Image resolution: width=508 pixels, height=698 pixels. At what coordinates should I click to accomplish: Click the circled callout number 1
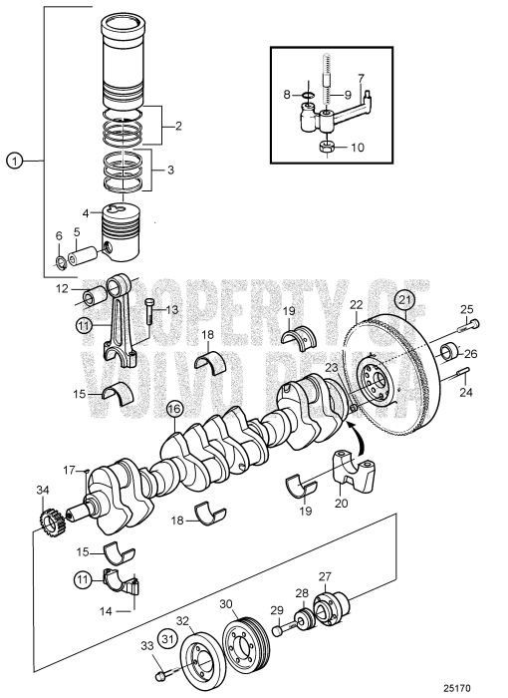click(x=13, y=159)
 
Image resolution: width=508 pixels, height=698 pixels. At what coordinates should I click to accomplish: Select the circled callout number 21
click(x=403, y=298)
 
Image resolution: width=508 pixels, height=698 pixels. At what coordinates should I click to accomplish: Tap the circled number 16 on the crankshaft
click(x=174, y=408)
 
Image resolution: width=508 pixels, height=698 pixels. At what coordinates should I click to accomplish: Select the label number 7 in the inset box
click(x=361, y=78)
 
